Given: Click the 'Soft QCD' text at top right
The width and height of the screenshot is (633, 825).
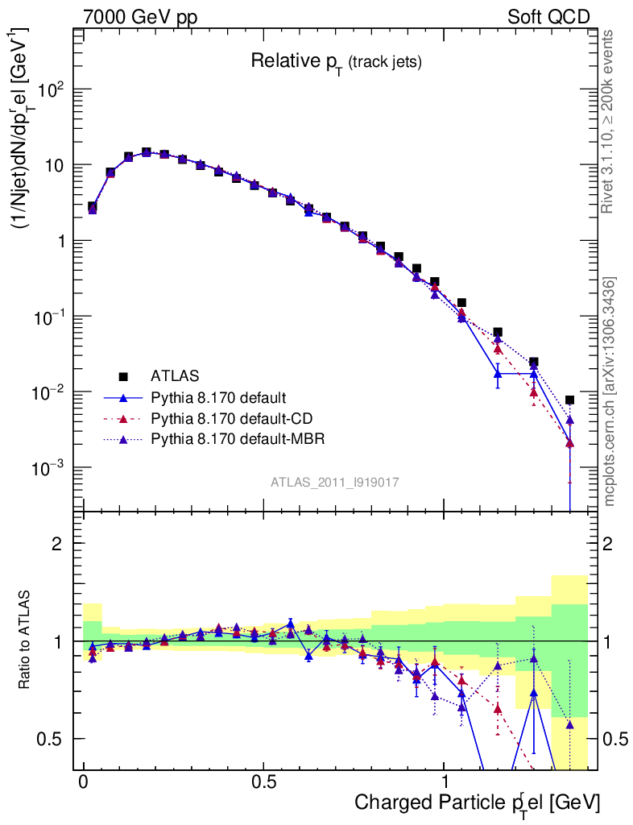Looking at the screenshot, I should pyautogui.click(x=548, y=17).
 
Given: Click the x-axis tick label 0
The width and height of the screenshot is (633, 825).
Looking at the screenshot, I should pyautogui.click(x=84, y=781).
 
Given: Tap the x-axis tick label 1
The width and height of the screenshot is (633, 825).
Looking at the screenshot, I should pyautogui.click(x=445, y=781).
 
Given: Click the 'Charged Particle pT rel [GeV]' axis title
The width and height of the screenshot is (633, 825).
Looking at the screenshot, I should pyautogui.click(x=478, y=802).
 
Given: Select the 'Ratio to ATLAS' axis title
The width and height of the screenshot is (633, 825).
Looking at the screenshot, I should pyautogui.click(x=27, y=641).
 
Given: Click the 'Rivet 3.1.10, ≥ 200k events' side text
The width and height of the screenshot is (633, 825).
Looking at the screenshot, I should pyautogui.click(x=609, y=121).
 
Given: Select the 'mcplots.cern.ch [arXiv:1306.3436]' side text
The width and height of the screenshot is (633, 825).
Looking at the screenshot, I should pyautogui.click(x=609, y=391).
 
